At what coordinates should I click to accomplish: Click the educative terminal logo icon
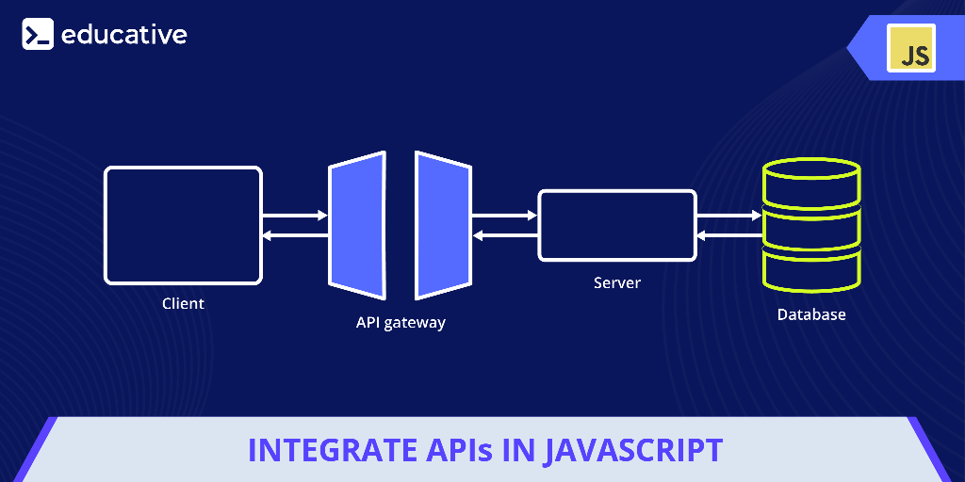tap(38, 35)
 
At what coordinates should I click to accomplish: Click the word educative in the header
tap(123, 35)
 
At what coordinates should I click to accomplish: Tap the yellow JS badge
tap(910, 48)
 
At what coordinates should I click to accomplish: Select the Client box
tap(182, 225)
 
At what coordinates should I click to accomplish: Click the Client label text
tap(183, 303)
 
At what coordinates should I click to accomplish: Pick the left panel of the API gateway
tap(357, 224)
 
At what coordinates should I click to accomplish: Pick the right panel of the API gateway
tap(443, 224)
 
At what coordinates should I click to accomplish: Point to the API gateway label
tap(401, 322)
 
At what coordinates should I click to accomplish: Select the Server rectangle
tap(616, 225)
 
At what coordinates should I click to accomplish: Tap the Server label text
tap(617, 282)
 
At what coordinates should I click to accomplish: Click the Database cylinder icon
tap(810, 225)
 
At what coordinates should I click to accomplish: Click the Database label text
tap(810, 314)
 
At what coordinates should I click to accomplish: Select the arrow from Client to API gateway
tap(294, 216)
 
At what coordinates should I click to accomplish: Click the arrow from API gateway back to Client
tap(294, 235)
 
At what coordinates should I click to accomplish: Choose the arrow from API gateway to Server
tap(504, 216)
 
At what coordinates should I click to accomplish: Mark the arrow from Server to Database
tap(728, 216)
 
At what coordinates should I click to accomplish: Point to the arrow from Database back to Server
tap(728, 235)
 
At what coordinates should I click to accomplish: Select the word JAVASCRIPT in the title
tap(634, 450)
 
